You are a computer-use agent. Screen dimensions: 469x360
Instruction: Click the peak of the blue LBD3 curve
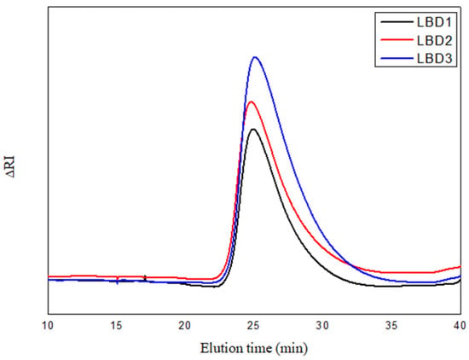tap(255, 57)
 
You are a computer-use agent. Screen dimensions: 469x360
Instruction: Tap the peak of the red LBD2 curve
tap(251, 102)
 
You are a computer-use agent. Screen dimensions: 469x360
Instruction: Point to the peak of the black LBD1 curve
tap(253, 129)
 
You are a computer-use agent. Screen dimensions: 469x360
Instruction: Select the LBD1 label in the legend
tap(434, 22)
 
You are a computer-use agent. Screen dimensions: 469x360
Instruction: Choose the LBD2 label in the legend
tap(434, 41)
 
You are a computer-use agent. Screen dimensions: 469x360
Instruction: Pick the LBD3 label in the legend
tap(434, 59)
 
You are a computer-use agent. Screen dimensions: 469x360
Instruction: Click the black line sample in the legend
tap(396, 22)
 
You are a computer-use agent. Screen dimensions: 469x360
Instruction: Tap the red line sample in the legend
tap(396, 40)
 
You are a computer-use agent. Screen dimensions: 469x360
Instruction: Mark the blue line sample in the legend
tap(396, 58)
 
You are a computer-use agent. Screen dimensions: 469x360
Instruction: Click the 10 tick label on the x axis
tap(48, 325)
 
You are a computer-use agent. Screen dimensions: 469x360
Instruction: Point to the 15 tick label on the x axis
tap(116, 325)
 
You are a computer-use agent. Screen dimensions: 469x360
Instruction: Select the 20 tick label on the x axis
tap(185, 325)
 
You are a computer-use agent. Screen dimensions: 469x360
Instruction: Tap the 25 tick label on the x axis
tap(253, 325)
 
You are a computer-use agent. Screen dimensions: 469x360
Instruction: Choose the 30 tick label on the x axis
tap(322, 325)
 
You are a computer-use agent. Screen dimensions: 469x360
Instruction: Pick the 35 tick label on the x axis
tap(391, 325)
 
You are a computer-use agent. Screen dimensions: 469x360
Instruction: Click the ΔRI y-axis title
tap(10, 166)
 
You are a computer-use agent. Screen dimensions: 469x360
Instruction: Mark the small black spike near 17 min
tap(145, 278)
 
